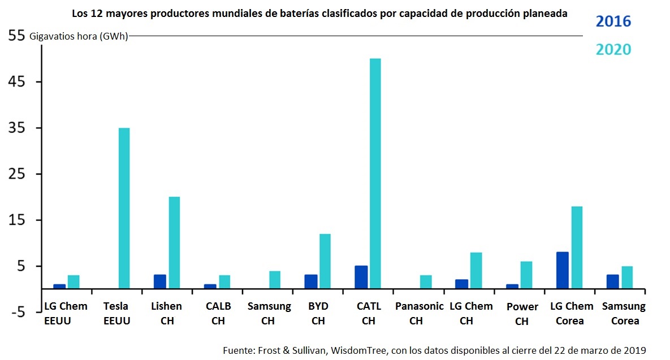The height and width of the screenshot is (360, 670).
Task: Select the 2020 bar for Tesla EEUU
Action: coord(124,208)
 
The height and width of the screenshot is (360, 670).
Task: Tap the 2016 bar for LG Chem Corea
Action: coord(563,270)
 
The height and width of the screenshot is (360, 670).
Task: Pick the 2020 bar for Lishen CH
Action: coord(174,242)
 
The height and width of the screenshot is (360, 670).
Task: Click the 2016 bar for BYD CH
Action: coord(311,281)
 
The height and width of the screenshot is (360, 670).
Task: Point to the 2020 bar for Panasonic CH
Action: coord(426,282)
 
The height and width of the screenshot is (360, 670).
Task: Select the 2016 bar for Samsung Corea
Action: coord(612,281)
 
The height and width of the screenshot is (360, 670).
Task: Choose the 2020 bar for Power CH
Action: coord(526,275)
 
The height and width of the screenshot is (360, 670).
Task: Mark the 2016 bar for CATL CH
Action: coord(361,277)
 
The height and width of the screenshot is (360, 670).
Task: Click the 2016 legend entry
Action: coord(613,22)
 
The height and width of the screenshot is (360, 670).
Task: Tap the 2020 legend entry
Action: coord(613,50)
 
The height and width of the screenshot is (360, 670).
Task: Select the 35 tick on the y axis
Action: coord(17,128)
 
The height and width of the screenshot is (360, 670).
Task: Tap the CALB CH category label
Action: coord(218,313)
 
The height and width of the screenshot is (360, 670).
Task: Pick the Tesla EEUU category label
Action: coord(116,313)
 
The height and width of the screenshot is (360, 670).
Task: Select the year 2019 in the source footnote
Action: coord(634,350)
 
